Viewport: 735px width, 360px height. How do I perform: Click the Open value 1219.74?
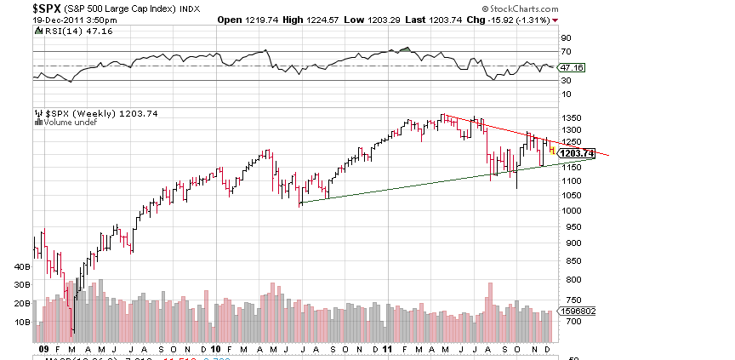(248, 19)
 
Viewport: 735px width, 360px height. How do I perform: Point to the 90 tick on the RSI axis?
(564, 38)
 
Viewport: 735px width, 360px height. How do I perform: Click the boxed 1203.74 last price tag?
(576, 153)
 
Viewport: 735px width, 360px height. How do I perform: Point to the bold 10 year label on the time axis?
(215, 348)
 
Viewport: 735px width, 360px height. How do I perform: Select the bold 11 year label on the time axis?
(387, 348)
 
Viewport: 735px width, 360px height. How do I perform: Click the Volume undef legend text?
(69, 122)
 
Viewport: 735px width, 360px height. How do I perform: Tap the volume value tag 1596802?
(575, 311)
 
